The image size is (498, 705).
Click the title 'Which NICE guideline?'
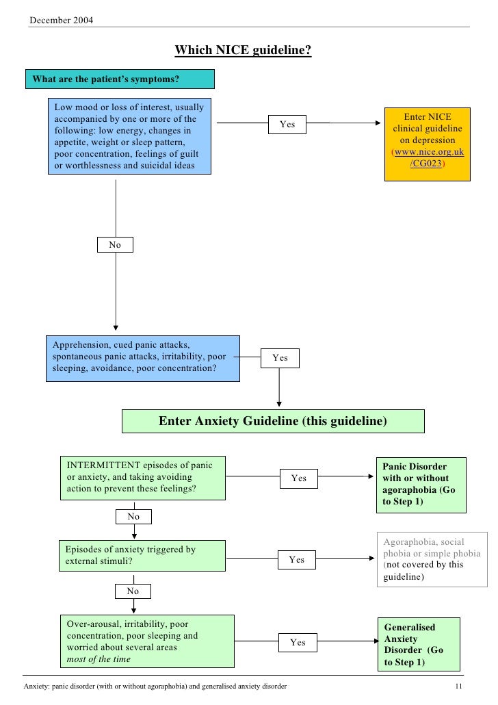[243, 51]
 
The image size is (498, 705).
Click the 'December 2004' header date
[61, 18]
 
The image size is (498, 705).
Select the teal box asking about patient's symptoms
[120, 79]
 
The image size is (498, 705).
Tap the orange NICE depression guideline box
[427, 142]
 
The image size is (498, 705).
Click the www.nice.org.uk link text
[428, 153]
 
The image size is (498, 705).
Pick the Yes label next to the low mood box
[287, 125]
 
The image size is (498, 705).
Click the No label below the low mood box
[115, 244]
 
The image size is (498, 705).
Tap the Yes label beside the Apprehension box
[280, 358]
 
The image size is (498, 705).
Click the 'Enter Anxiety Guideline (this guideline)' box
[273, 421]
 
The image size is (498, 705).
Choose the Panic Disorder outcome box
[421, 485]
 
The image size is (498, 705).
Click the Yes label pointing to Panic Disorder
[298, 478]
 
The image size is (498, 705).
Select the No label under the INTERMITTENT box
[133, 517]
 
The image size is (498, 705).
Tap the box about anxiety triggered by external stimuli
[142, 555]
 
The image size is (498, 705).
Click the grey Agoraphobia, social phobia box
[431, 559]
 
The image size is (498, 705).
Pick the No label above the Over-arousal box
[133, 591]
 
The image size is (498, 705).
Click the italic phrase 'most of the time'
[99, 660]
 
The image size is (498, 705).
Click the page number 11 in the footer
[459, 686]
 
